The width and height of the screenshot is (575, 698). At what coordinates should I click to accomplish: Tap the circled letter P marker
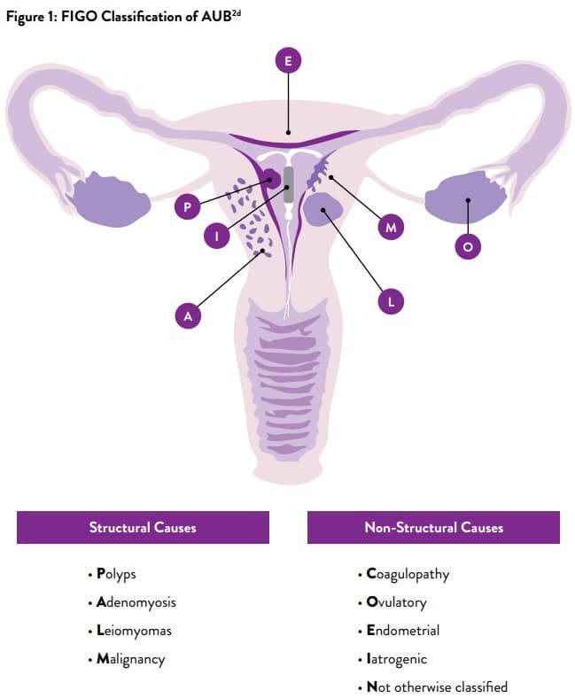click(x=187, y=207)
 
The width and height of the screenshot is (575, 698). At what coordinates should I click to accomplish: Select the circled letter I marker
click(x=217, y=237)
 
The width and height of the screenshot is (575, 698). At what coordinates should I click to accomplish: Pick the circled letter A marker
click(x=187, y=314)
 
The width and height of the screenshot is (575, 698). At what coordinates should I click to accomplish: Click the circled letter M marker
click(x=390, y=228)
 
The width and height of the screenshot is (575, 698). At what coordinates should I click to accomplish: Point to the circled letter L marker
click(x=390, y=301)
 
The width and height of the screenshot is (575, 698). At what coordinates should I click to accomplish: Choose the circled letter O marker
click(x=468, y=246)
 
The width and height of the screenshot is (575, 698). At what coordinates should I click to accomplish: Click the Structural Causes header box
click(x=143, y=527)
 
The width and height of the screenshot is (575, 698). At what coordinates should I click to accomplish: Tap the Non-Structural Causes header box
click(x=433, y=527)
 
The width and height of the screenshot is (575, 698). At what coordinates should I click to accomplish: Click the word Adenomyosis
click(x=136, y=602)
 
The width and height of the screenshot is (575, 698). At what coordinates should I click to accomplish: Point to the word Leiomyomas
click(x=134, y=631)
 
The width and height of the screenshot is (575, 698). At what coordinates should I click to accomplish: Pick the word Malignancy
click(x=130, y=659)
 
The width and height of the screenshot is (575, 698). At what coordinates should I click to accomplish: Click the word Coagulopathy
click(x=408, y=574)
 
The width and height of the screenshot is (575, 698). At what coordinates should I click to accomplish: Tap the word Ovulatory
click(x=396, y=602)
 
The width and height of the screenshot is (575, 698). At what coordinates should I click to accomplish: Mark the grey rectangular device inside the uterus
click(x=289, y=184)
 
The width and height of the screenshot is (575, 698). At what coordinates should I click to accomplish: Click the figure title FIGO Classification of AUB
click(x=124, y=20)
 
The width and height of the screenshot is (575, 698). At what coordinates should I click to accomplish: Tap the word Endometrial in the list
click(x=402, y=631)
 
